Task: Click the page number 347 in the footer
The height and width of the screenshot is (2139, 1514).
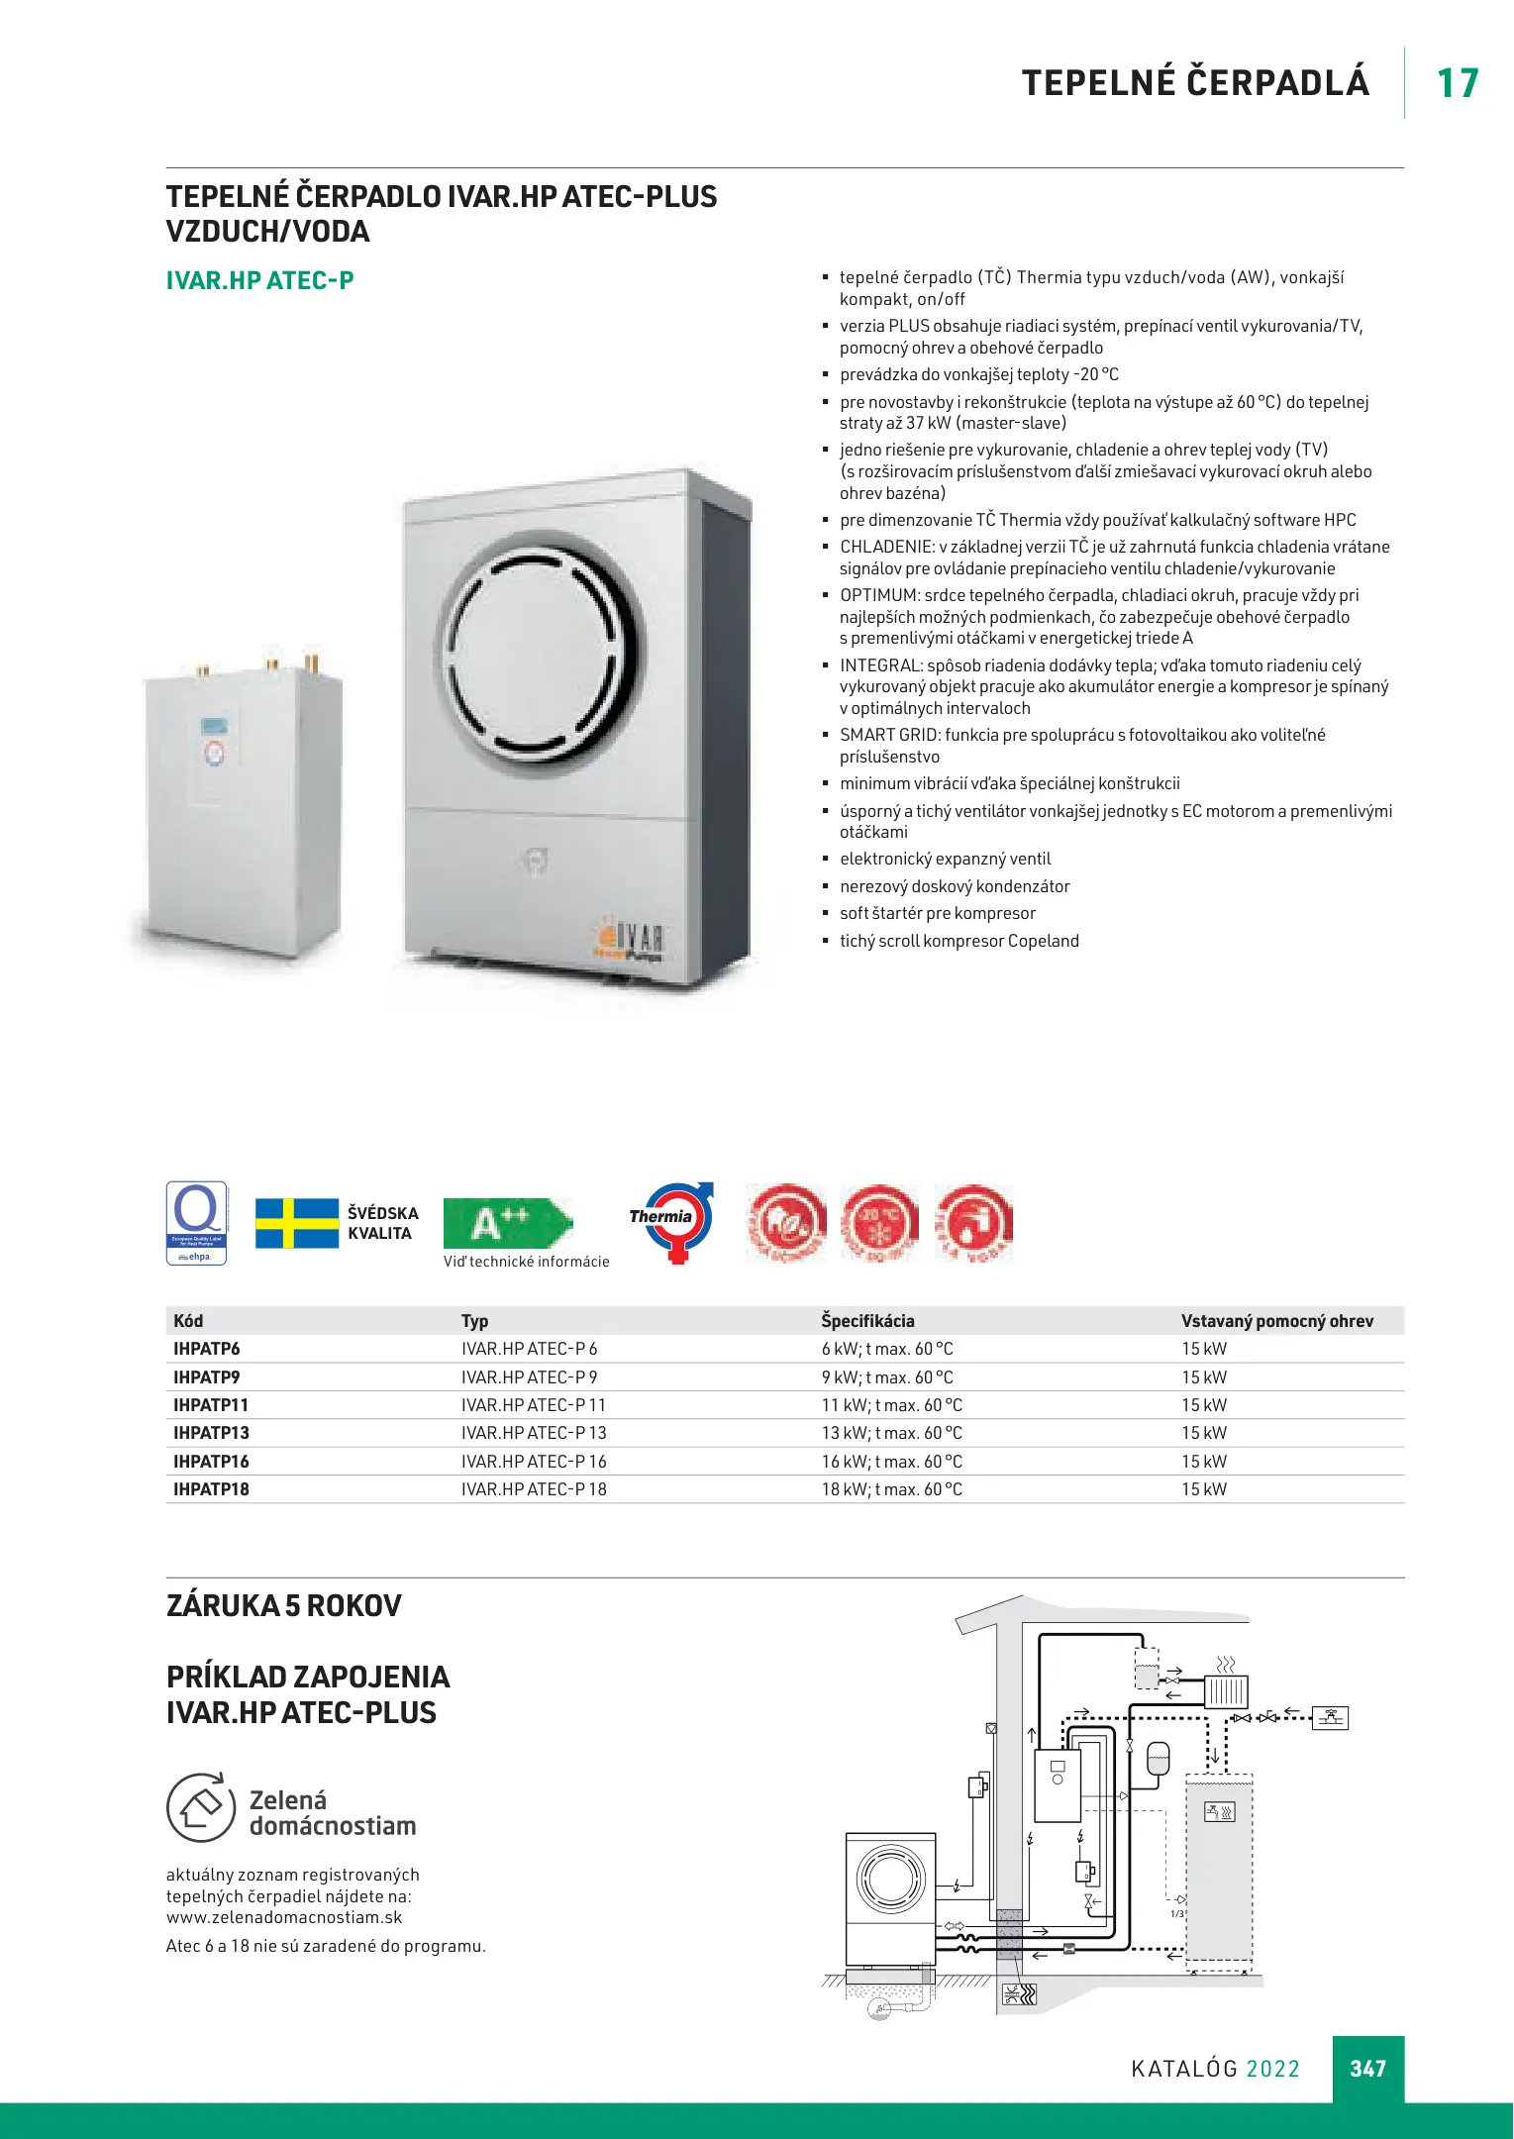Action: pos(1367,2068)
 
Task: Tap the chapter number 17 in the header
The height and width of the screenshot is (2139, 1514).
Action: pos(1457,83)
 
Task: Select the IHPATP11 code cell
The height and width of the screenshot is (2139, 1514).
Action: pos(211,1405)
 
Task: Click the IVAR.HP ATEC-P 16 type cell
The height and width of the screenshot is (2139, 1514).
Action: pos(534,1462)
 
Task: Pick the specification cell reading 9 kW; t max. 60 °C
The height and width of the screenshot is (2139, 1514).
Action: pos(887,1377)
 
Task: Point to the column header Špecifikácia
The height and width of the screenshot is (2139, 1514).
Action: pos(867,1321)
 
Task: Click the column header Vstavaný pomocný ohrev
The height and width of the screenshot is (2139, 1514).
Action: pos(1276,1321)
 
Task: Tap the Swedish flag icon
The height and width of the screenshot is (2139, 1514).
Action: pos(297,1223)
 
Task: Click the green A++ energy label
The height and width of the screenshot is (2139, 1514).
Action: pos(506,1223)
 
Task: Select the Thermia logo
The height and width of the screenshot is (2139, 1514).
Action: pos(672,1221)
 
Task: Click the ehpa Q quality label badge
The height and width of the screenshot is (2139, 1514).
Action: pos(197,1222)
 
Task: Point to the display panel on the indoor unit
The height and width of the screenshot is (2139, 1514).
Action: pos(215,726)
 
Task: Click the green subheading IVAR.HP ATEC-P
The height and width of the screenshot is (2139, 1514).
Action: pos(259,281)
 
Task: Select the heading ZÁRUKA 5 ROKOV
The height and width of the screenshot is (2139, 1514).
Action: pos(284,1605)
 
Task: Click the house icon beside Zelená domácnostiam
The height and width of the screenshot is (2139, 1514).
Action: pos(201,1807)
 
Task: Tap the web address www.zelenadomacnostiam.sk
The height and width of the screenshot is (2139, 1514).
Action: pos(284,1917)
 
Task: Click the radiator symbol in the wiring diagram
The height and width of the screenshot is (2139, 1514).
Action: pos(1226,1690)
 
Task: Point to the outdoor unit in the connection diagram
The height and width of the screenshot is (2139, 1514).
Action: pos(890,1899)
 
